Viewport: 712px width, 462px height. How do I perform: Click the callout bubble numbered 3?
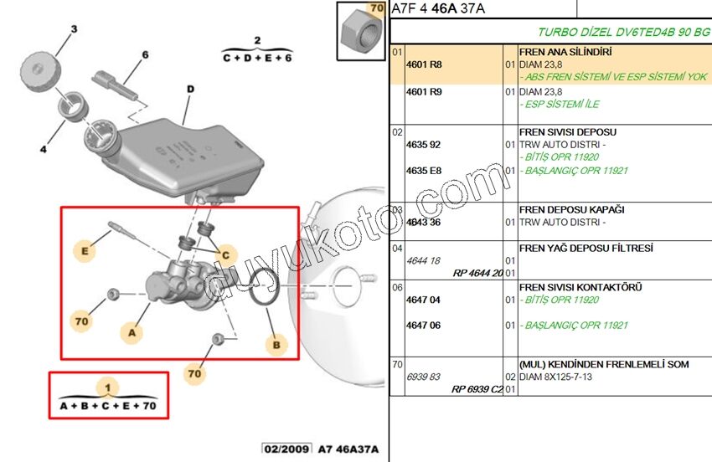(x=73, y=30)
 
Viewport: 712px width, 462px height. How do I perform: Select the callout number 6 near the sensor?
(x=145, y=55)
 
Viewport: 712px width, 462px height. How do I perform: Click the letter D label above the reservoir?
(x=190, y=89)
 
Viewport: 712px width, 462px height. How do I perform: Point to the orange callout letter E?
(x=84, y=249)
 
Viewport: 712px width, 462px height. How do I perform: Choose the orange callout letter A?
(x=131, y=333)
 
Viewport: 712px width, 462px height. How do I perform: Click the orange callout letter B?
(x=276, y=344)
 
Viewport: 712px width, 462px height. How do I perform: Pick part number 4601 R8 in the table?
(x=423, y=64)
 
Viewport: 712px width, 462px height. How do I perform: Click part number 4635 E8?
(x=423, y=171)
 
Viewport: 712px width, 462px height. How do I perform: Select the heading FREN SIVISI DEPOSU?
(x=568, y=132)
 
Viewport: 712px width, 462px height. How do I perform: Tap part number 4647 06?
(x=423, y=326)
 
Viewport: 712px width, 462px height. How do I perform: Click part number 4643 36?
(x=423, y=223)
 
